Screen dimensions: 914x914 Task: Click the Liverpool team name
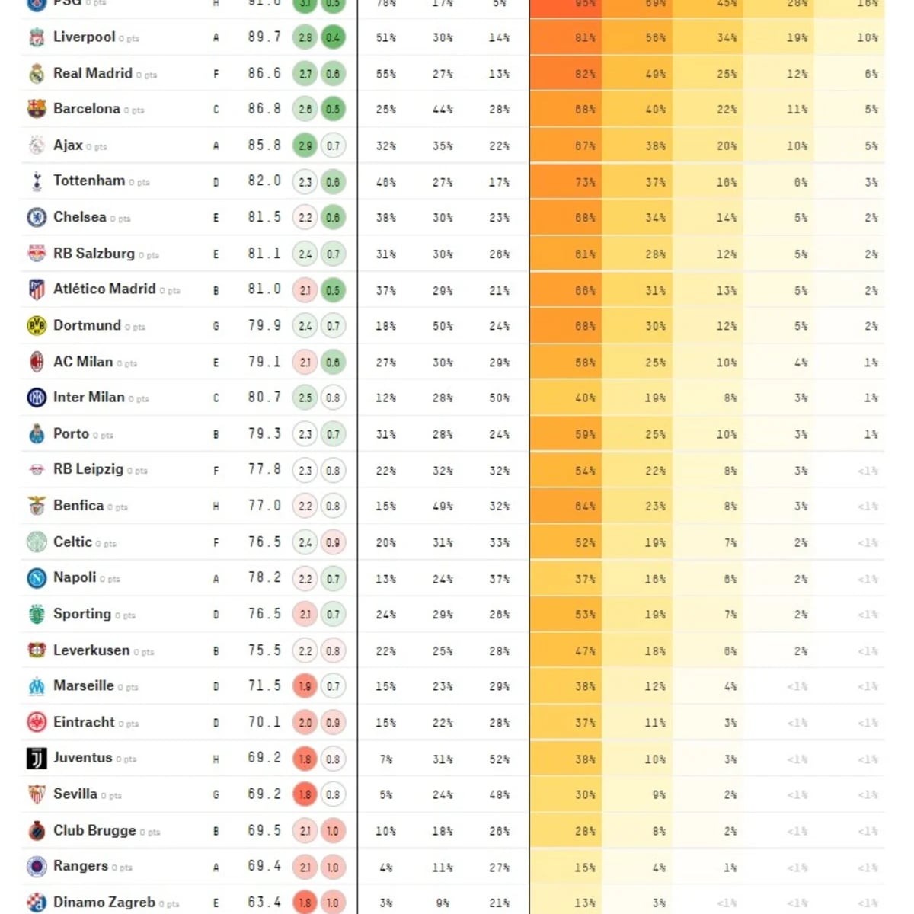click(x=84, y=37)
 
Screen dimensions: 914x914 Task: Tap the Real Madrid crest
click(x=37, y=73)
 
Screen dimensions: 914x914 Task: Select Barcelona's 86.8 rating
click(x=264, y=109)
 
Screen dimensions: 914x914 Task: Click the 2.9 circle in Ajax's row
click(x=305, y=145)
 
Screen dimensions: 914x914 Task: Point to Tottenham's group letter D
click(x=216, y=182)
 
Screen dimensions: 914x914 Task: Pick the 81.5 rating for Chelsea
click(x=264, y=217)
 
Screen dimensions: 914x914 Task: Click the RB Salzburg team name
click(x=94, y=254)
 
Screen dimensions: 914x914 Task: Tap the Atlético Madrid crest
click(x=37, y=289)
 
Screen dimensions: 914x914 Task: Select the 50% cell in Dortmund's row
click(x=443, y=326)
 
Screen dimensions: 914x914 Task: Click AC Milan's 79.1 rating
click(x=264, y=362)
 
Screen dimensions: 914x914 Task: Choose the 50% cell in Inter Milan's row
click(x=499, y=398)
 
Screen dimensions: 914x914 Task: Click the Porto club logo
click(x=37, y=434)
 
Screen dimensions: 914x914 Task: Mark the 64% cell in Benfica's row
click(x=585, y=506)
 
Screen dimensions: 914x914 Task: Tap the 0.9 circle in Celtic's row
click(x=333, y=542)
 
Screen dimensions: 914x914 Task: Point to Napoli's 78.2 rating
click(x=264, y=578)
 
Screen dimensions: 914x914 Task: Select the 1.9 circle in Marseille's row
click(x=305, y=686)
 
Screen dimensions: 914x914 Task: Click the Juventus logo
click(x=37, y=759)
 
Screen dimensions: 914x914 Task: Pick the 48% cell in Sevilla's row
click(x=499, y=794)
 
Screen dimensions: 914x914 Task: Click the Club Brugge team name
click(x=94, y=830)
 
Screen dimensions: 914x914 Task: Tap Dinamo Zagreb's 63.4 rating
click(x=264, y=903)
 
